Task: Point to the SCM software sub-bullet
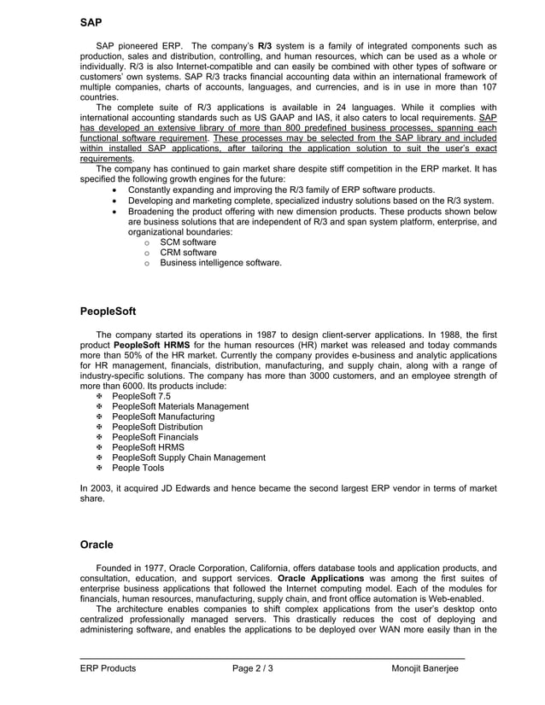click(173, 242)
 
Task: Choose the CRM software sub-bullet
click(173, 253)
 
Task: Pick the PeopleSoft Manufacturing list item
click(163, 417)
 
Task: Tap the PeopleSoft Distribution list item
click(157, 427)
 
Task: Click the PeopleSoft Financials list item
click(155, 437)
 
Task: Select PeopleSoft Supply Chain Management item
click(188, 457)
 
